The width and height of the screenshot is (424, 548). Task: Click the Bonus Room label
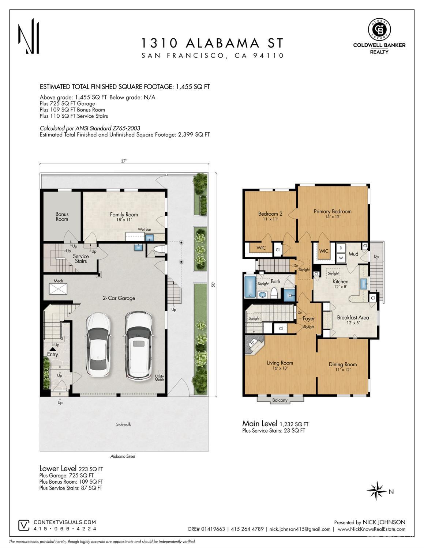62,216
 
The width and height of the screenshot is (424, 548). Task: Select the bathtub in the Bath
251,286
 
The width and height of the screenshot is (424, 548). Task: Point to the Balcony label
280,400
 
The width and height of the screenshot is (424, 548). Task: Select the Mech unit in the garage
59,289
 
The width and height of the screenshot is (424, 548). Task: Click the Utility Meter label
160,378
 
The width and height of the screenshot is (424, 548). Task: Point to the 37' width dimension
124,161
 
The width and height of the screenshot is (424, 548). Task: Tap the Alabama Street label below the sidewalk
123,456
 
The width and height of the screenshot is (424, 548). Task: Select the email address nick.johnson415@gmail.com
300,529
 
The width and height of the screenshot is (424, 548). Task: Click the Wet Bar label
145,229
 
